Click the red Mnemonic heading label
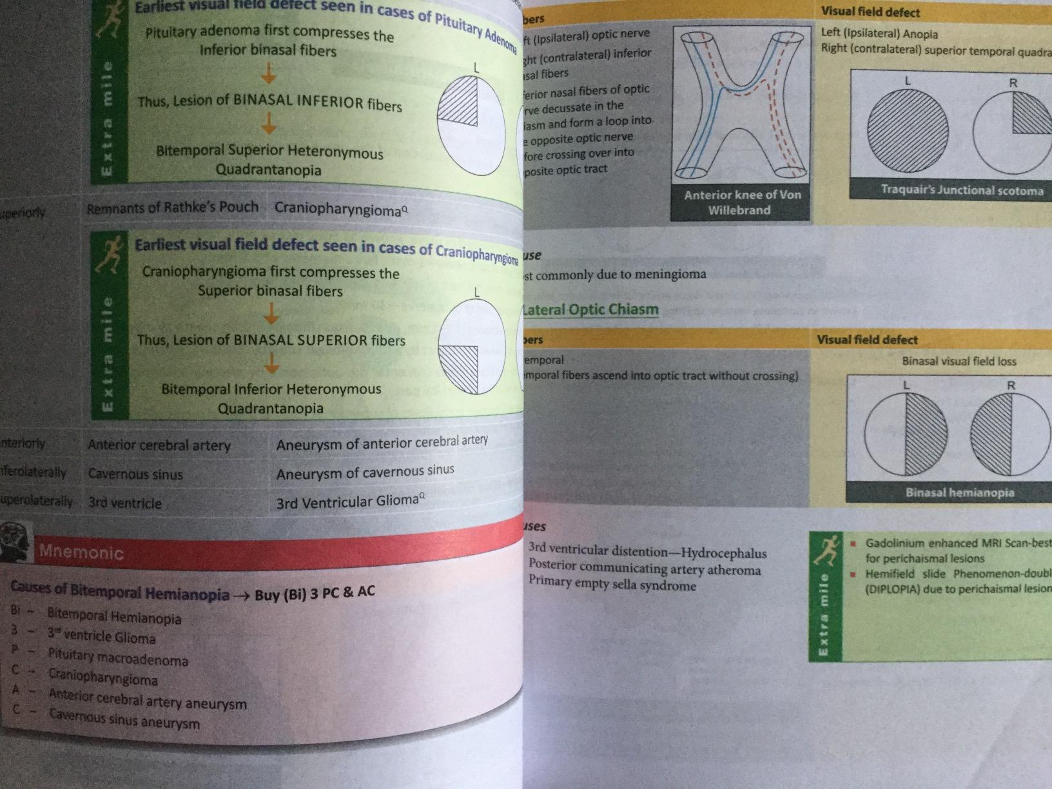pyautogui.click(x=81, y=552)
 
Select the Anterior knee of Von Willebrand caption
pyautogui.click(x=739, y=202)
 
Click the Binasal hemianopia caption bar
pyautogui.click(x=959, y=492)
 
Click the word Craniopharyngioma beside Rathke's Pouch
pyautogui.click(x=340, y=208)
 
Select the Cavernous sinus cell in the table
pyautogui.click(x=135, y=474)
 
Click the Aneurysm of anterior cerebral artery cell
pyautogui.click(x=382, y=443)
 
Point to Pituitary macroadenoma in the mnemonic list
pyautogui.click(x=118, y=658)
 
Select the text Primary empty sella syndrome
pyautogui.click(x=612, y=584)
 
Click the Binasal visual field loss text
pyautogui.click(x=959, y=362)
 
